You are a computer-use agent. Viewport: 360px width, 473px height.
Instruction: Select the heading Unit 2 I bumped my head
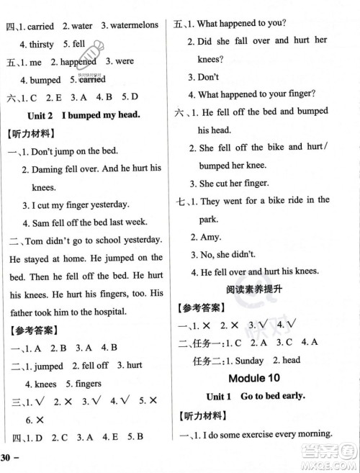point(91,114)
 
